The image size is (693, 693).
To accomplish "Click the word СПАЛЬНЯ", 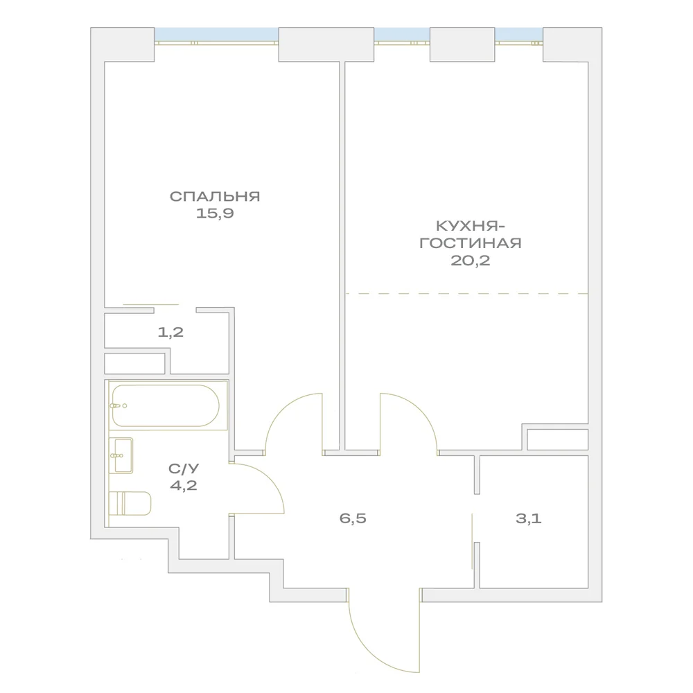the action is pyautogui.click(x=215, y=197).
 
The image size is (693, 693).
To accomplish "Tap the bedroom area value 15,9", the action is pyautogui.click(x=215, y=213).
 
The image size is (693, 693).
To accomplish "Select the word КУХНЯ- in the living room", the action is pyautogui.click(x=471, y=227).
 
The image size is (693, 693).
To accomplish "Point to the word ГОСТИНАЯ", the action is pyautogui.click(x=471, y=243).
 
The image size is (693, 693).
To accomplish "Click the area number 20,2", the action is pyautogui.click(x=471, y=261).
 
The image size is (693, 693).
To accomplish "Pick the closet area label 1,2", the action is pyautogui.click(x=170, y=332).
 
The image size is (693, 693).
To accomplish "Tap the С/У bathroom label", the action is pyautogui.click(x=184, y=468).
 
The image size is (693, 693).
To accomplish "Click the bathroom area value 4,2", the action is pyautogui.click(x=184, y=485).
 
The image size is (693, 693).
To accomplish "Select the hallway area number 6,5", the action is pyautogui.click(x=353, y=518).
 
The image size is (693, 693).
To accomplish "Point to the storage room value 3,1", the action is pyautogui.click(x=529, y=518).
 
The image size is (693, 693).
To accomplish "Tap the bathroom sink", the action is pyautogui.click(x=121, y=456).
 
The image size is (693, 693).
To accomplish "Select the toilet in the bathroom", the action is pyautogui.click(x=130, y=503).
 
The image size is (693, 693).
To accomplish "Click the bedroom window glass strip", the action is pyautogui.click(x=216, y=35).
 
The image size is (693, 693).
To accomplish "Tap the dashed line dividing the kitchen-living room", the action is pyautogui.click(x=466, y=293).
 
